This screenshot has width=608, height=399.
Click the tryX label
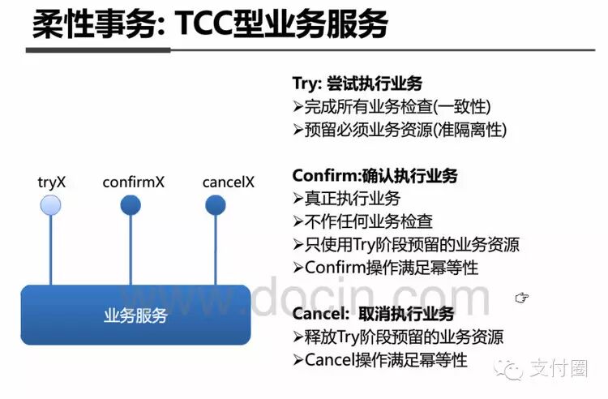tap(51, 182)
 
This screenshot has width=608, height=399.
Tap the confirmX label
tap(134, 182)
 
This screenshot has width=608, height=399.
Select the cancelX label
tap(228, 182)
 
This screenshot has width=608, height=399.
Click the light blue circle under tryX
tap(50, 205)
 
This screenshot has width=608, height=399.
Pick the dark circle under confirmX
tap(131, 205)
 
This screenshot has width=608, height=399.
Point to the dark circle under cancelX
tap(216, 205)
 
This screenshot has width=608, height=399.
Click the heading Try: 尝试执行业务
tap(358, 84)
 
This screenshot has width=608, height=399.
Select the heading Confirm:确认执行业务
tap(375, 176)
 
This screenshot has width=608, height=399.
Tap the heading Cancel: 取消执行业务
tap(373, 314)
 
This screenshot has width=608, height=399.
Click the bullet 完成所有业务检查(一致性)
tap(392, 106)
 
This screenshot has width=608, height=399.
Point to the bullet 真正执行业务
tap(347, 198)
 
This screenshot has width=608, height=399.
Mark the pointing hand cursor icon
tap(521, 298)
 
